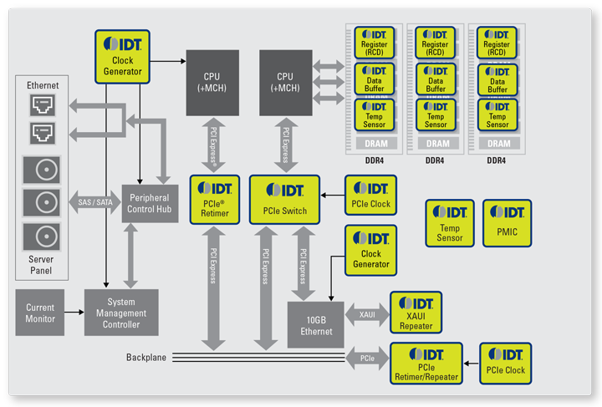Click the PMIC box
[507, 223]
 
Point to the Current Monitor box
[40, 313]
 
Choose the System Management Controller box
[121, 313]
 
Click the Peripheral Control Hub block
[150, 202]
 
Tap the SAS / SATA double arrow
[94, 203]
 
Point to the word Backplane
[146, 357]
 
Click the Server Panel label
[41, 266]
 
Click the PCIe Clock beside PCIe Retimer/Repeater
[504, 364]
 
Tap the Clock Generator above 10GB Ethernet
[371, 252]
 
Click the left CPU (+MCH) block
[212, 83]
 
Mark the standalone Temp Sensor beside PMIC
[450, 223]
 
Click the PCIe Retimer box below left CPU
[216, 199]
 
